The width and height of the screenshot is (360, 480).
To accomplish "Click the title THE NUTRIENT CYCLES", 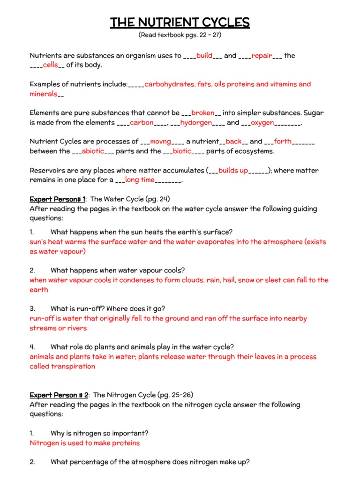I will (180, 22).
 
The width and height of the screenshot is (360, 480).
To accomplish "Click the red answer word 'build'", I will (204, 56).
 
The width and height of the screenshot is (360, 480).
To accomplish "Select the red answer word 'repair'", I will (262, 56).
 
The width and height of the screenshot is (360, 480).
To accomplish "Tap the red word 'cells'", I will (50, 65).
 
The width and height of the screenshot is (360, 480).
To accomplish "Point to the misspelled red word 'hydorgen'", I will (196, 123).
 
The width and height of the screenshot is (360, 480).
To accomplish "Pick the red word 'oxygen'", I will (262, 123).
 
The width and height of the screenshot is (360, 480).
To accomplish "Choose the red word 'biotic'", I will (182, 151).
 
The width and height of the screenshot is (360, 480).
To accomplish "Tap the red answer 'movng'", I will (161, 142).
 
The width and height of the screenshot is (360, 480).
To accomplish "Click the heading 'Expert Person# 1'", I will (58, 199).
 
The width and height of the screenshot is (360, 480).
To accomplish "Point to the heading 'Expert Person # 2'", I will (59, 395).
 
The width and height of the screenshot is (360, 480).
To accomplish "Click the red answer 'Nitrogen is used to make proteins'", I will (84, 443).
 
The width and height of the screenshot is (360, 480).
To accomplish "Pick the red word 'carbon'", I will (142, 123).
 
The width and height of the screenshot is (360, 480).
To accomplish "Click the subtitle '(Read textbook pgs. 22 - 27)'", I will (180, 35).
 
